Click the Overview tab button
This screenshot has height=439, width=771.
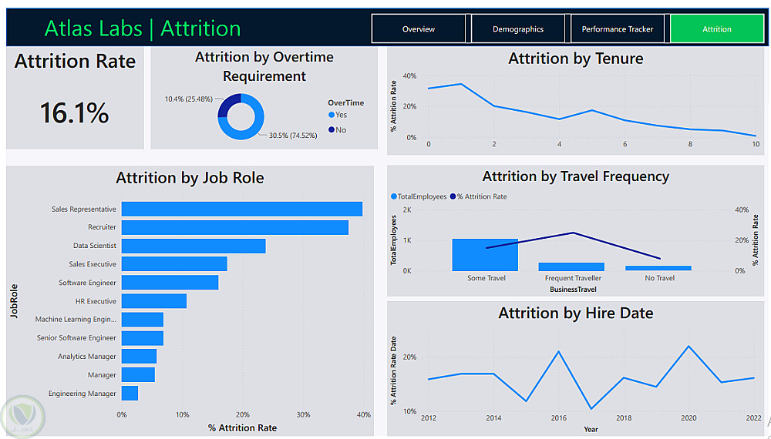[x=419, y=29]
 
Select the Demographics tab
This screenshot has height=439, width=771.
[x=518, y=29]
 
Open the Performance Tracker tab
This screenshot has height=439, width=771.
[x=617, y=29]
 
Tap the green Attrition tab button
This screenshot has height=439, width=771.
[x=716, y=29]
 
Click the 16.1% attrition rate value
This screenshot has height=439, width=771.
[x=75, y=113]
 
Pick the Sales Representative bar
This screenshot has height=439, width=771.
[x=241, y=209]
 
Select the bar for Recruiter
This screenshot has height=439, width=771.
[x=234, y=227]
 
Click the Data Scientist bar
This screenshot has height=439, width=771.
[x=193, y=246]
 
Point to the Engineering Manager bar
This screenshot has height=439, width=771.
[x=130, y=394]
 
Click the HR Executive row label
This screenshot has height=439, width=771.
[x=96, y=301]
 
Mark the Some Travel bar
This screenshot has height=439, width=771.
[x=485, y=255]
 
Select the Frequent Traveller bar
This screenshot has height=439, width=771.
[x=571, y=266]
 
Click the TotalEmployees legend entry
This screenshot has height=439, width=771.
[x=419, y=196]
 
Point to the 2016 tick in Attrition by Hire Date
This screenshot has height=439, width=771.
[x=558, y=418]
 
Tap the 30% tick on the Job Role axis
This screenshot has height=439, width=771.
[x=303, y=414]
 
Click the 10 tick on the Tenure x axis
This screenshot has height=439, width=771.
[x=755, y=144]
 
